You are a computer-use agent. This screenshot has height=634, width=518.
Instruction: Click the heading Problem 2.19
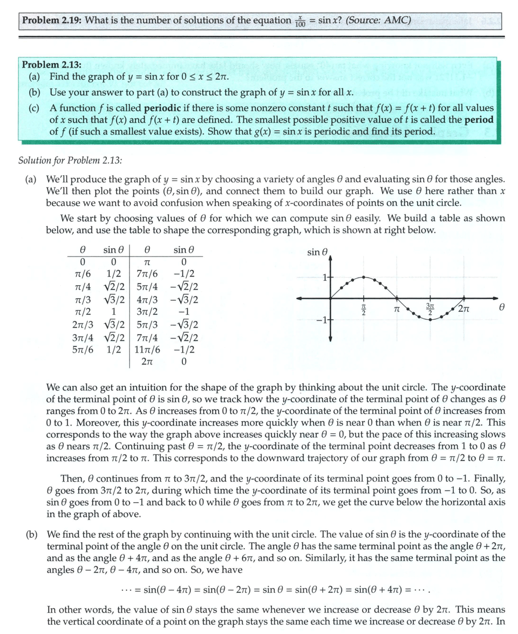tap(51, 21)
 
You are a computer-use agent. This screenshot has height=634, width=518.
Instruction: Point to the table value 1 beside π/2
tap(113, 312)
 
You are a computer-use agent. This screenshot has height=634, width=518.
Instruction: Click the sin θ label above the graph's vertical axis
tap(317, 252)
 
